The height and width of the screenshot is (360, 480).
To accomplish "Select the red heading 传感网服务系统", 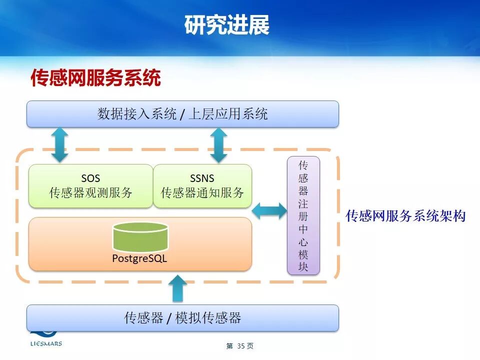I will (x=96, y=78).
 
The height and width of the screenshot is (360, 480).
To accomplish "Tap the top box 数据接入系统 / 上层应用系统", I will (x=182, y=114).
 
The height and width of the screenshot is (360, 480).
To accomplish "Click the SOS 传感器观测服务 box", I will (x=90, y=185).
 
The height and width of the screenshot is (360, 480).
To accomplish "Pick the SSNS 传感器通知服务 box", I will (x=202, y=185).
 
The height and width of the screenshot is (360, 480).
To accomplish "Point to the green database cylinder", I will (x=140, y=237).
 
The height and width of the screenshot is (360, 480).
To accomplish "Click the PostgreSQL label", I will (x=139, y=259).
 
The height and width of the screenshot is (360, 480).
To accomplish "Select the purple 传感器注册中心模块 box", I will (x=303, y=215).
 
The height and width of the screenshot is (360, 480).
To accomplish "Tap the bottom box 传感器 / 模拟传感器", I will (x=182, y=317).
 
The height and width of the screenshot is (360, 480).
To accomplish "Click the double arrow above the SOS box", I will (x=59, y=145).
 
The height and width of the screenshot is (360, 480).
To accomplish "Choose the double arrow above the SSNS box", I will (x=218, y=145).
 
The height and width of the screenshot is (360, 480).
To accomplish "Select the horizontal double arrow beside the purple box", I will (x=269, y=211).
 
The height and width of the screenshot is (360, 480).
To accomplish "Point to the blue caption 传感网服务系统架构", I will (x=405, y=216).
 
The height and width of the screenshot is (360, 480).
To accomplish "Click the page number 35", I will (x=240, y=346).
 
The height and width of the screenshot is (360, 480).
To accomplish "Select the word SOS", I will (x=90, y=178).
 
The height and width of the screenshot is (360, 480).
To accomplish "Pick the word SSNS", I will (x=202, y=178).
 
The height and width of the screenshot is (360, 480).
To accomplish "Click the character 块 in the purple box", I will (x=303, y=267).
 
